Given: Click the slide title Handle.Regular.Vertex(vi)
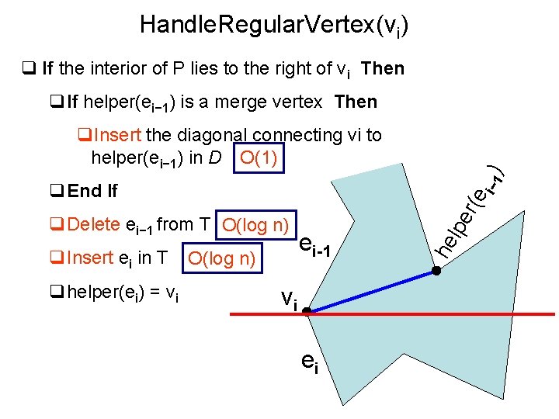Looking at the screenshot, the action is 273,26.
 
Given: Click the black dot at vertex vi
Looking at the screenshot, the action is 307,312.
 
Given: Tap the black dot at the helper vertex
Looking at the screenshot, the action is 437,272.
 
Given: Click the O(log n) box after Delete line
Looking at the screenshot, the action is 255,226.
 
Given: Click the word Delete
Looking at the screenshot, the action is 94,225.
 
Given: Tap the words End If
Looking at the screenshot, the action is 92,191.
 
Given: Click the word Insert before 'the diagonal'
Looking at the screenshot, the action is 116,135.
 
